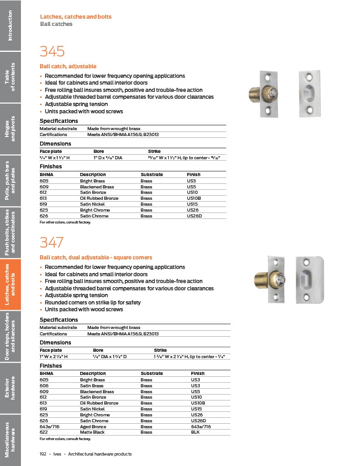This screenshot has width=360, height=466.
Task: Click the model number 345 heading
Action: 52,51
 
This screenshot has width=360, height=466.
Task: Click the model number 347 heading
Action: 52,243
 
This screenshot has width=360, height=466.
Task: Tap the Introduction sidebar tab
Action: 10,25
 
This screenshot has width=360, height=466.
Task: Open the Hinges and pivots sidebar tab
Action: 10,129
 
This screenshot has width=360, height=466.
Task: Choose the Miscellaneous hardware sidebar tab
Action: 10,440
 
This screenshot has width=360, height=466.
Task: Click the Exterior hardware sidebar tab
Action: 10,387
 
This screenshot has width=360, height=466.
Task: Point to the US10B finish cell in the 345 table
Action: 194,198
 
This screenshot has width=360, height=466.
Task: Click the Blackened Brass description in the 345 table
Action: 97,187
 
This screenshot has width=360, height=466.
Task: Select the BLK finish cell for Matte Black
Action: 195,432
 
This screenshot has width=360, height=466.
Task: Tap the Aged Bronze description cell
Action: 93,426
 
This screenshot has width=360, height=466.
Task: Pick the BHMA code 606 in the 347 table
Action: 44,385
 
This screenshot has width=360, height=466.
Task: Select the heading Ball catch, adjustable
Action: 68,66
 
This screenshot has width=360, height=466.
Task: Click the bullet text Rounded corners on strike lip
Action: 93,303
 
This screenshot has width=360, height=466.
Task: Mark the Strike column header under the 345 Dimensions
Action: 154,152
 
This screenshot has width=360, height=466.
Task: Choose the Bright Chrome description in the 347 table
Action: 95,415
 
